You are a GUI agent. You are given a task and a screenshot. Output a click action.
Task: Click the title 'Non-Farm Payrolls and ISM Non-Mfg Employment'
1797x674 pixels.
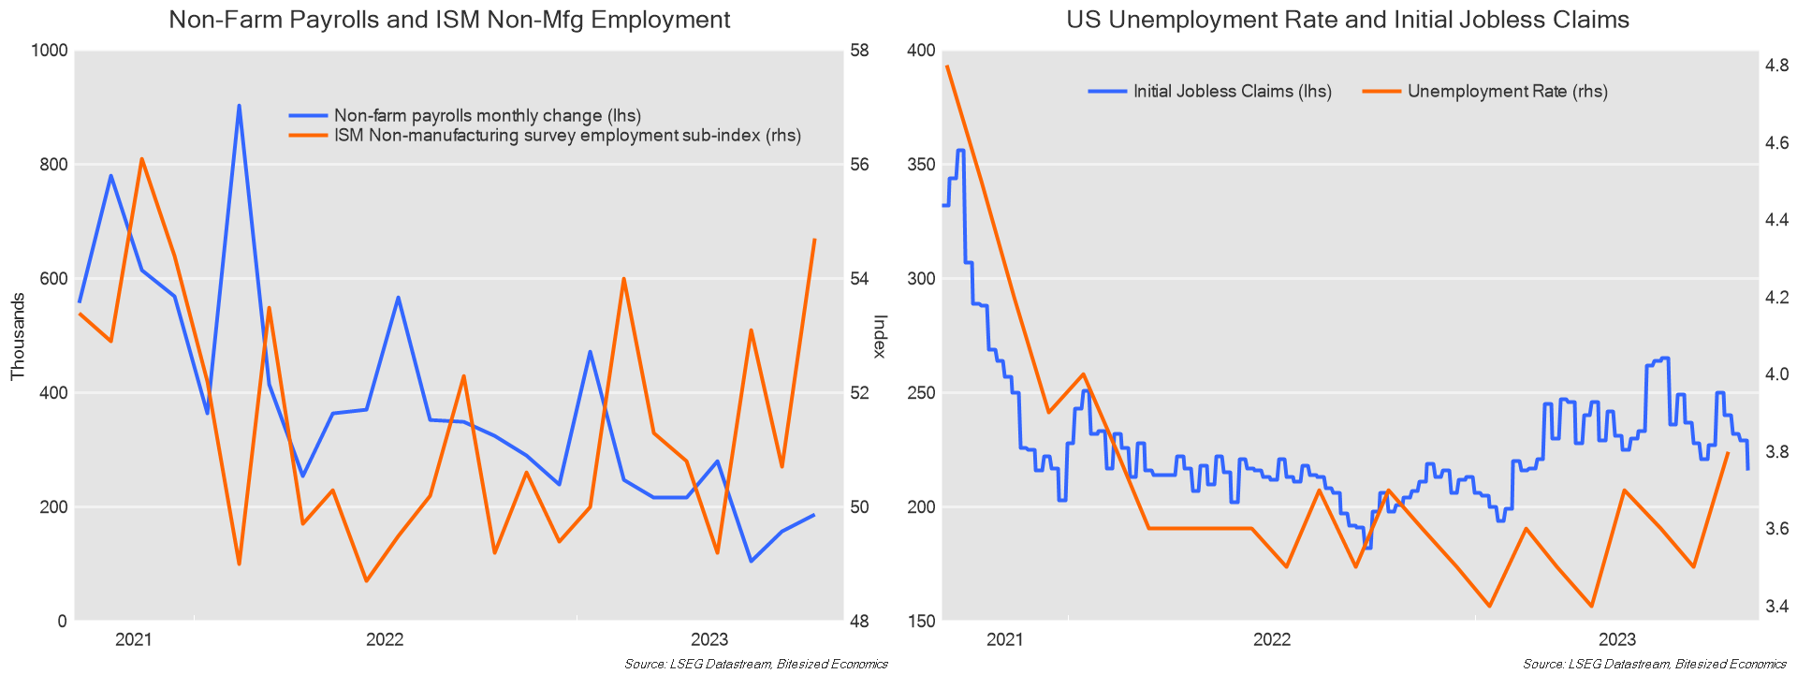449,20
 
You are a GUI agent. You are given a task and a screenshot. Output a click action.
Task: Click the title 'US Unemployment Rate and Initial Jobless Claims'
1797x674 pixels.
1348,20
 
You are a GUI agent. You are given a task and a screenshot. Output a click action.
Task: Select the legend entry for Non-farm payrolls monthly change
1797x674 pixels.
487,116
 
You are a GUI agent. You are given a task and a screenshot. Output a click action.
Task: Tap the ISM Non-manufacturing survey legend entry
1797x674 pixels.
567,136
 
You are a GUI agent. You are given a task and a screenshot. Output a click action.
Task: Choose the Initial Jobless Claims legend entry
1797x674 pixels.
1232,92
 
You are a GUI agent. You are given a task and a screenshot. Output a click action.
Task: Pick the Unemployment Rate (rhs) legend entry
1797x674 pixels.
1507,92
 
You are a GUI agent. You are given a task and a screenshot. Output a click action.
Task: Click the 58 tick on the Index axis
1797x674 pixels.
858,51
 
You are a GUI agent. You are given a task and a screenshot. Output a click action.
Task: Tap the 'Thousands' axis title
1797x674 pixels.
18,336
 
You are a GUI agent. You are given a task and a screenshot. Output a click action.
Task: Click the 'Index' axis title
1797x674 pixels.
879,336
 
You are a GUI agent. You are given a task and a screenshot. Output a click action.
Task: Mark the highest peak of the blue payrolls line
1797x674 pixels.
239,106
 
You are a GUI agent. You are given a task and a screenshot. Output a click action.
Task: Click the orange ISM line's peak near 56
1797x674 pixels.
141,159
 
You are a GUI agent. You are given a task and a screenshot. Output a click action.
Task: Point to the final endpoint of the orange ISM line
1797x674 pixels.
815,240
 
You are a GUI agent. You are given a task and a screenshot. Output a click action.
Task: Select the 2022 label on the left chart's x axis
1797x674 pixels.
384,640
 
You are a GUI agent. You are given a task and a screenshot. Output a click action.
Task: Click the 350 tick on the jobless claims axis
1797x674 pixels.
922,165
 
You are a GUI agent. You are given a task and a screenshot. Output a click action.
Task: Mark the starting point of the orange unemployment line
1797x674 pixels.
947,66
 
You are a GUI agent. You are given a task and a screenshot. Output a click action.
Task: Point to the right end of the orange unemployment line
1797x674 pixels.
1728,453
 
